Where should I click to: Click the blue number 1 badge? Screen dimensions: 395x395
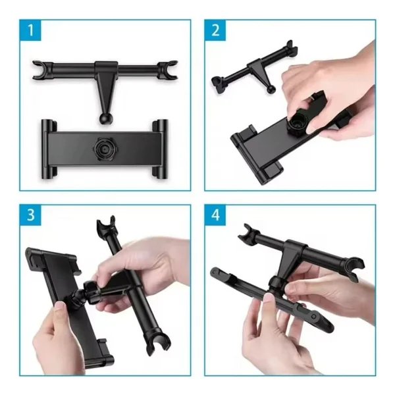coord(30,30)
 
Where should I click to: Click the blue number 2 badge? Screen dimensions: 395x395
coord(215,30)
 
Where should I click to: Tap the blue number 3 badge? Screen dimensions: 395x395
coord(30,215)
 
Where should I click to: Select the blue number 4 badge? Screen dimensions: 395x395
coord(215,215)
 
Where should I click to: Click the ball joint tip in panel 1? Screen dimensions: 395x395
coord(105,118)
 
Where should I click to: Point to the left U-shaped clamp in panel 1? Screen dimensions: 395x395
coord(41,70)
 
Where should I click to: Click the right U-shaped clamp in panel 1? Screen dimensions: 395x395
coord(167,70)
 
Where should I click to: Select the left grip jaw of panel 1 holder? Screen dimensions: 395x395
coord(49,149)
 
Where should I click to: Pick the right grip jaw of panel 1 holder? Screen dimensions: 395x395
coord(160,149)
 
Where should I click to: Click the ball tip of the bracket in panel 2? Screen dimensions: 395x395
coord(271,89)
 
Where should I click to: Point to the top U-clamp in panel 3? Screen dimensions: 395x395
coord(106,225)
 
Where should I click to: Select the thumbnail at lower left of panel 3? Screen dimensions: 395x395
coord(60,308)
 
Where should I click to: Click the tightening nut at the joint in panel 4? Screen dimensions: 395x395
coord(277,284)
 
